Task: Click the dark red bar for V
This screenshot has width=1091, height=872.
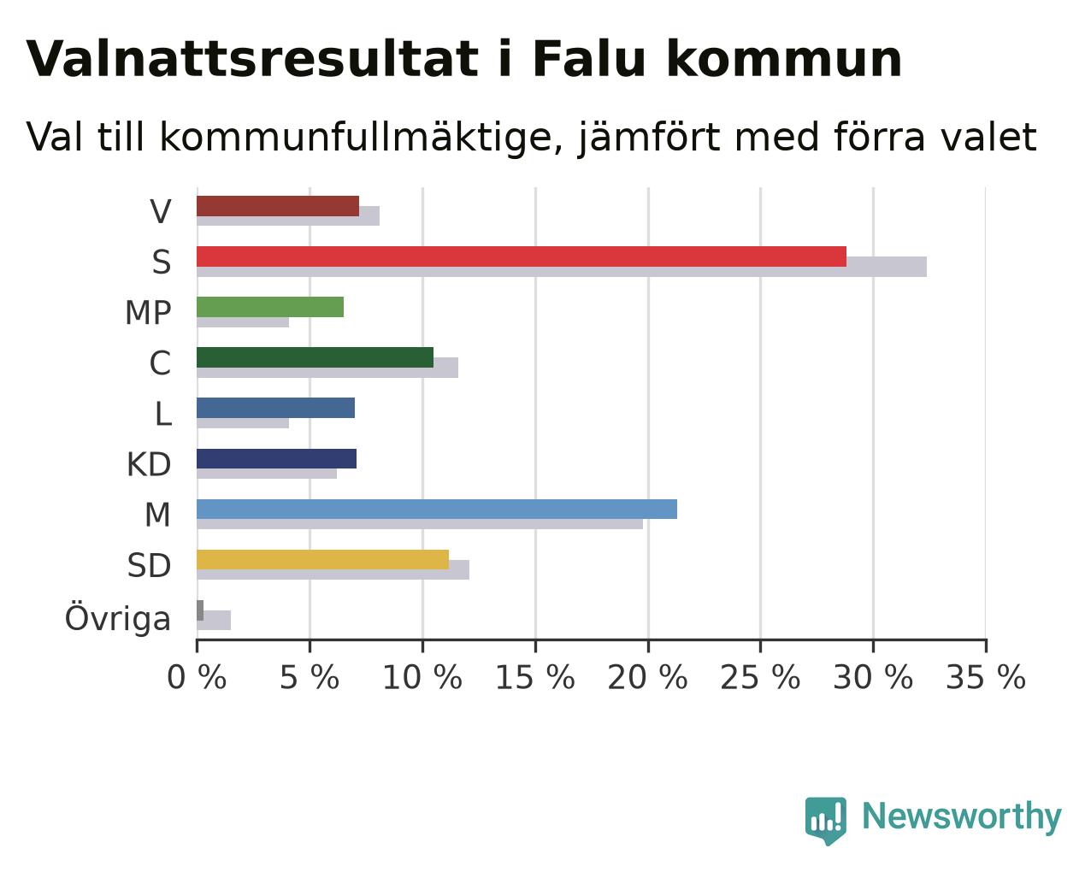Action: coord(278,206)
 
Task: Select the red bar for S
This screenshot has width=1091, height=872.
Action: coord(522,256)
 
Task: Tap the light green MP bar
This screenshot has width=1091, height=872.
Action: coord(270,307)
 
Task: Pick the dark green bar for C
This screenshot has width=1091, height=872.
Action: coord(315,357)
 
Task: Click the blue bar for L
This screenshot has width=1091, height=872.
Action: coord(276,408)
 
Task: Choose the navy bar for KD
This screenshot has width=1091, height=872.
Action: coord(276,459)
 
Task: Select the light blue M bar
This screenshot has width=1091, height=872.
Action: coord(437,509)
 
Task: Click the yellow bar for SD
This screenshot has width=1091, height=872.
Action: coord(323,560)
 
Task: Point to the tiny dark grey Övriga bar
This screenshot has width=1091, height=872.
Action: coord(200,610)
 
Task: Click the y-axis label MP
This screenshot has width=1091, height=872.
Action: coord(148,313)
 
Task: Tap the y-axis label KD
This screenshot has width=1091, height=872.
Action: coord(149,464)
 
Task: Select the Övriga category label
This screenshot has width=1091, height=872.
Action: coord(118,618)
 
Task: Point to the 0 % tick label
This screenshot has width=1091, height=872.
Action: coord(197,677)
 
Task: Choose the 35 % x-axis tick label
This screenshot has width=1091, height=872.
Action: coord(986,677)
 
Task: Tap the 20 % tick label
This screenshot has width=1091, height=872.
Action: coord(648,677)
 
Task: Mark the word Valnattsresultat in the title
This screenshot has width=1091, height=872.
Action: coord(252,59)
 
